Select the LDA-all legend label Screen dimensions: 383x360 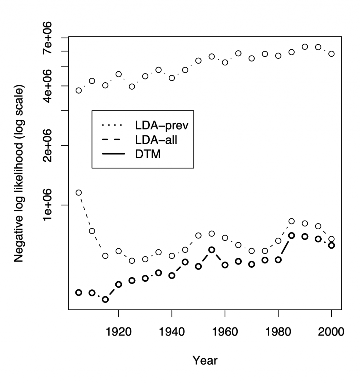(156, 140)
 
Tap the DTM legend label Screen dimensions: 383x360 (148, 154)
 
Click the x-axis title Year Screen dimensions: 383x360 (205, 360)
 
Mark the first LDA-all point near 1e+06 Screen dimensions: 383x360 (79, 193)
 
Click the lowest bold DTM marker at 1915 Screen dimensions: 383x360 (105, 299)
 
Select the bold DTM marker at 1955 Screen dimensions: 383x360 (212, 250)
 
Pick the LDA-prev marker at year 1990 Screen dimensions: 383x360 (305, 47)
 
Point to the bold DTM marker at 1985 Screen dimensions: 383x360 (291, 236)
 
